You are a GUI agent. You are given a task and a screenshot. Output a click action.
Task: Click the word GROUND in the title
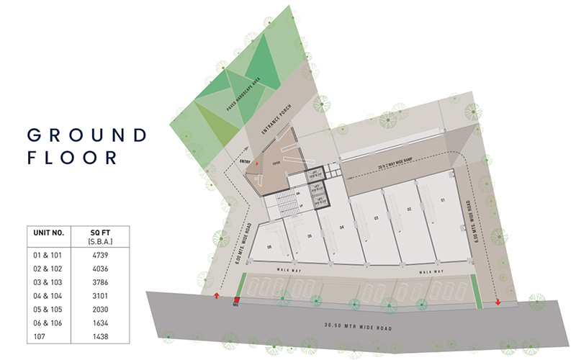point(86,135)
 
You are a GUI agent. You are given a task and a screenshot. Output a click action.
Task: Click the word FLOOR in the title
point(71,158)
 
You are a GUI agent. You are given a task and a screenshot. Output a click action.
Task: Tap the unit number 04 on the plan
point(343,228)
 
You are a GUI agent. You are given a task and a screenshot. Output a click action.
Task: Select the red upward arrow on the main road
point(217,295)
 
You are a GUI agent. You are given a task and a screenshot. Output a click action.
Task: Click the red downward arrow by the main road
point(498,301)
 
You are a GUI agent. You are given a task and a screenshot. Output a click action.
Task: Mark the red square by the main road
point(236,299)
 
